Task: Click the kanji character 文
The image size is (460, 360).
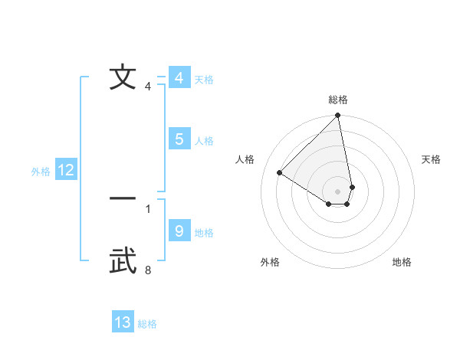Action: [x=123, y=77]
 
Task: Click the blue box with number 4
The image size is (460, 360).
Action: [x=179, y=78]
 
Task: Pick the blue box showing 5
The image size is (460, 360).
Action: [x=179, y=139]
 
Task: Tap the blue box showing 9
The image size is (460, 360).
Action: [x=179, y=231]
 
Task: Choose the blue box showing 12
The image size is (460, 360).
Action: [x=66, y=170]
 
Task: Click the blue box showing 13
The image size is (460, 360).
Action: [x=123, y=322]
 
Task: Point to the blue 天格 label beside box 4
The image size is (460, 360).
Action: [x=204, y=80]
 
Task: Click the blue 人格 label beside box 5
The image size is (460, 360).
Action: [x=204, y=141]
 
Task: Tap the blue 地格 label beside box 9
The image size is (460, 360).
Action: [x=204, y=233]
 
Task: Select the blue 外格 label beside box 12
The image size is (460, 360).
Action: [x=41, y=172]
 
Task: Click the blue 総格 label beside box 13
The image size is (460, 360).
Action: [x=147, y=325]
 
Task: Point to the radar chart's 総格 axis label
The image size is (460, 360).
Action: [x=338, y=100]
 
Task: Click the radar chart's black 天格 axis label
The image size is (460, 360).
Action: [x=431, y=159]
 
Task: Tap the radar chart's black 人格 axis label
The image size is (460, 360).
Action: [x=245, y=159]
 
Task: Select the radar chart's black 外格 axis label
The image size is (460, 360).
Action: [x=270, y=263]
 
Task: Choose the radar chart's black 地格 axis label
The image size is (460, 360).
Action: [x=402, y=263]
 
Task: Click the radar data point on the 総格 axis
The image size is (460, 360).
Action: [x=338, y=116]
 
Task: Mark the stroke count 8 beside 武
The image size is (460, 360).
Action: [x=148, y=270]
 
